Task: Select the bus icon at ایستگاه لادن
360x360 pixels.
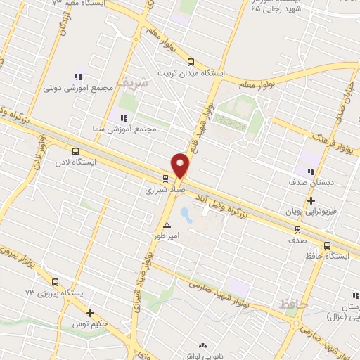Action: [x=75, y=150]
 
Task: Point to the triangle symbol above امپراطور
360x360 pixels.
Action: [x=167, y=225]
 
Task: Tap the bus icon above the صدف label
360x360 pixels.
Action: [x=297, y=229]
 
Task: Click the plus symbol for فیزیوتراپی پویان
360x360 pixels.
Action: [x=310, y=201]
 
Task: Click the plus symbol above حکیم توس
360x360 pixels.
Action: [x=90, y=314]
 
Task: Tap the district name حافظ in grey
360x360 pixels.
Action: [x=290, y=304]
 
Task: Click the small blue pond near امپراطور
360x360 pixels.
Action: [x=185, y=212]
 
